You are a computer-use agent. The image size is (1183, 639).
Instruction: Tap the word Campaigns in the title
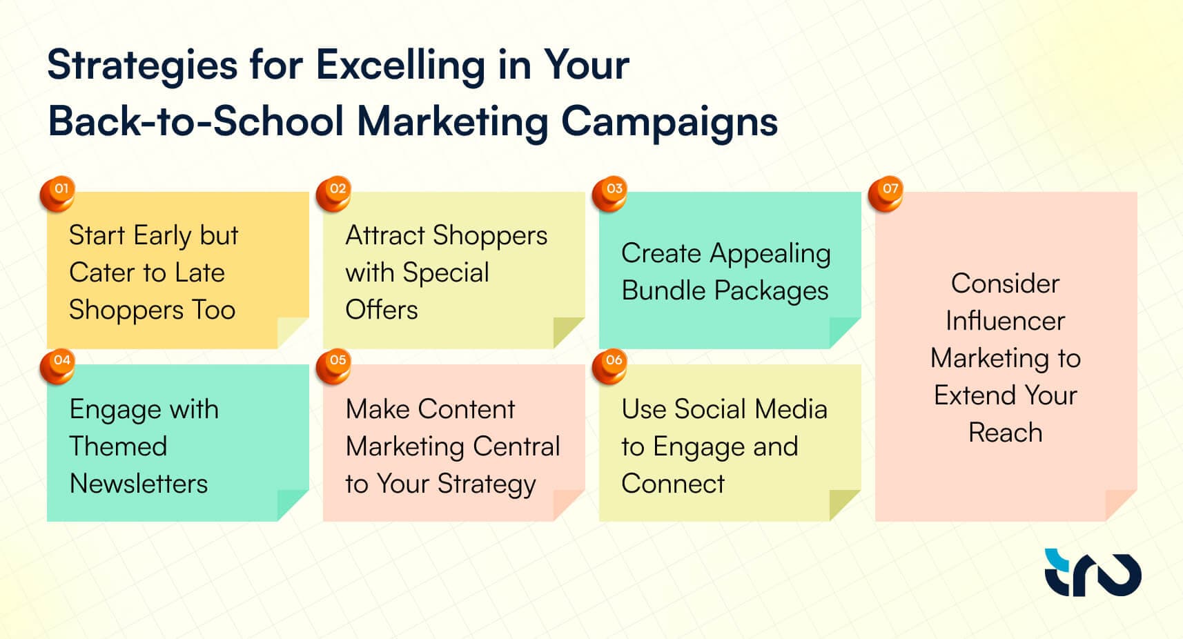669,123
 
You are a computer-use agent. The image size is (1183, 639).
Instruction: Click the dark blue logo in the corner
1093,572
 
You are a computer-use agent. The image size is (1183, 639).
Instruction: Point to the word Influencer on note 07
1005,321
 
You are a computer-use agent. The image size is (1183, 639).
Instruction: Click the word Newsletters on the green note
139,484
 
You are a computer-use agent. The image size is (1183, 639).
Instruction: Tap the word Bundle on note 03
663,291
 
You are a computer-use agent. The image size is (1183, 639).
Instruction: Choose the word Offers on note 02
382,310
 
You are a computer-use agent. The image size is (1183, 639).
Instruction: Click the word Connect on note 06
673,484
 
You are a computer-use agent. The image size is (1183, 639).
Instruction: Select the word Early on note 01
162,236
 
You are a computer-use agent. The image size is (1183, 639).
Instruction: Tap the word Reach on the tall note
1005,433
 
